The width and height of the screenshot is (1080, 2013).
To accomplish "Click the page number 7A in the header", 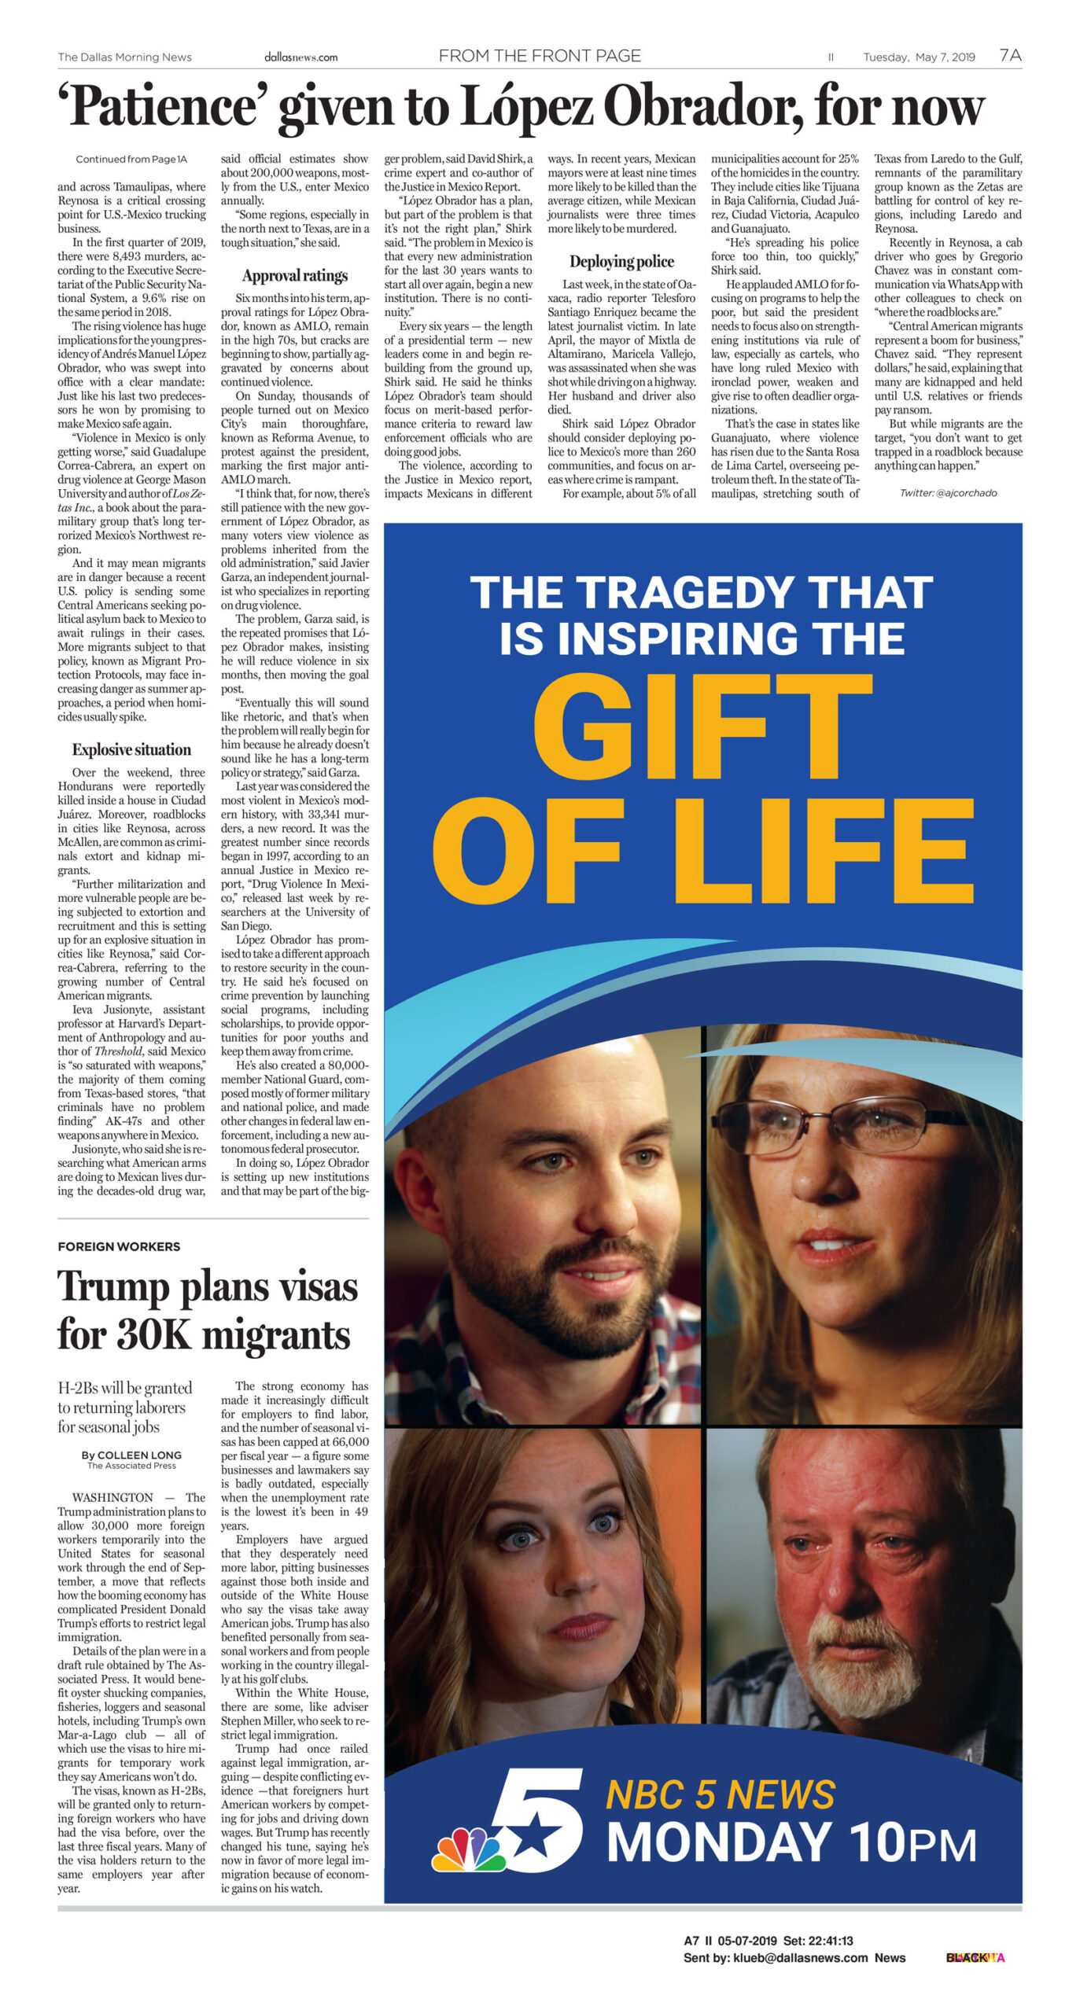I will click(1010, 55).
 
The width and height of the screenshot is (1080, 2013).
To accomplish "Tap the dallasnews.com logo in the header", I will click(300, 57).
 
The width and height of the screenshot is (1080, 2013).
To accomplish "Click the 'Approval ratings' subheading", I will click(295, 275).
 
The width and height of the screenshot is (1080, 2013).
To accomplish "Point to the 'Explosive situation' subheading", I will click(131, 749).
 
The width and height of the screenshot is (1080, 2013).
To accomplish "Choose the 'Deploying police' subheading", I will click(621, 261).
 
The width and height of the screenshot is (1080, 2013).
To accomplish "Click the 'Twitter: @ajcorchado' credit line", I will click(948, 493).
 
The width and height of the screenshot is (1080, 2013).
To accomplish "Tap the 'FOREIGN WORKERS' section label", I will click(119, 1246).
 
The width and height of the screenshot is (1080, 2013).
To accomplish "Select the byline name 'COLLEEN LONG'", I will click(139, 1455).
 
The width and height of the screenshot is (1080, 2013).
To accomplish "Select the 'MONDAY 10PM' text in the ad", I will click(791, 1842).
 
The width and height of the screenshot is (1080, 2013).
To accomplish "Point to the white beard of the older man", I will click(865, 1655).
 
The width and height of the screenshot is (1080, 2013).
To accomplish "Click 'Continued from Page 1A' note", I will click(131, 159).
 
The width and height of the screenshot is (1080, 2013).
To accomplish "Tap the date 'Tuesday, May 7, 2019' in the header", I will click(919, 57).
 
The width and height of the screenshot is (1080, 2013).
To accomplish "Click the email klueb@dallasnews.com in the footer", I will click(800, 1957).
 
